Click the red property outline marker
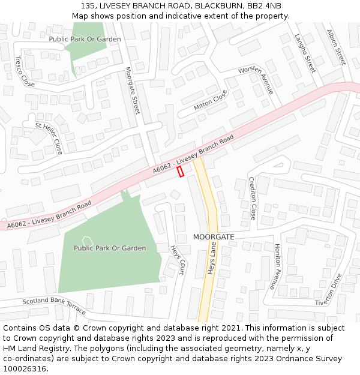[181, 172]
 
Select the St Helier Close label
[49, 138]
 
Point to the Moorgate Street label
[132, 91]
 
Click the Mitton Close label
[211, 100]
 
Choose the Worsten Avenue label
[256, 79]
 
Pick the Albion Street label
[337, 47]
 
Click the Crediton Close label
[252, 199]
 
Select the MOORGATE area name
[214, 237]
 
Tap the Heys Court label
[177, 260]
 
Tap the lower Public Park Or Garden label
[110, 248]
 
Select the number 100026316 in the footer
[25, 368]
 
